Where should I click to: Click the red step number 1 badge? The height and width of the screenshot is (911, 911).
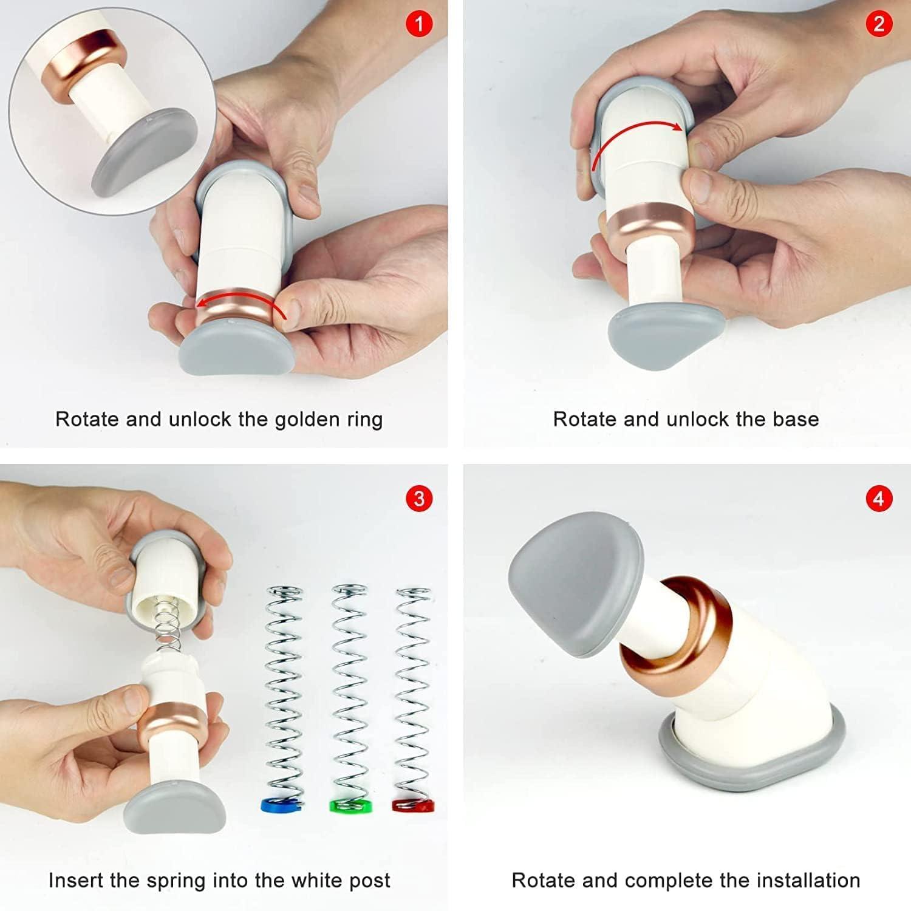418,25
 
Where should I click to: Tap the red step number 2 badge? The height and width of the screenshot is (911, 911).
879,25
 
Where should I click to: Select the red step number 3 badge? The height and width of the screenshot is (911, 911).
418,499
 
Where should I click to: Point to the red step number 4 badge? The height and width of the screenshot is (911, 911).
879,499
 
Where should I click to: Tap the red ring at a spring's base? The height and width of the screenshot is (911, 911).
414,805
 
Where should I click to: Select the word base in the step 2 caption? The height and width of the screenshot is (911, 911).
796,419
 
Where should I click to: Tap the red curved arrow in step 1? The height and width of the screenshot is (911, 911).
240,299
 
